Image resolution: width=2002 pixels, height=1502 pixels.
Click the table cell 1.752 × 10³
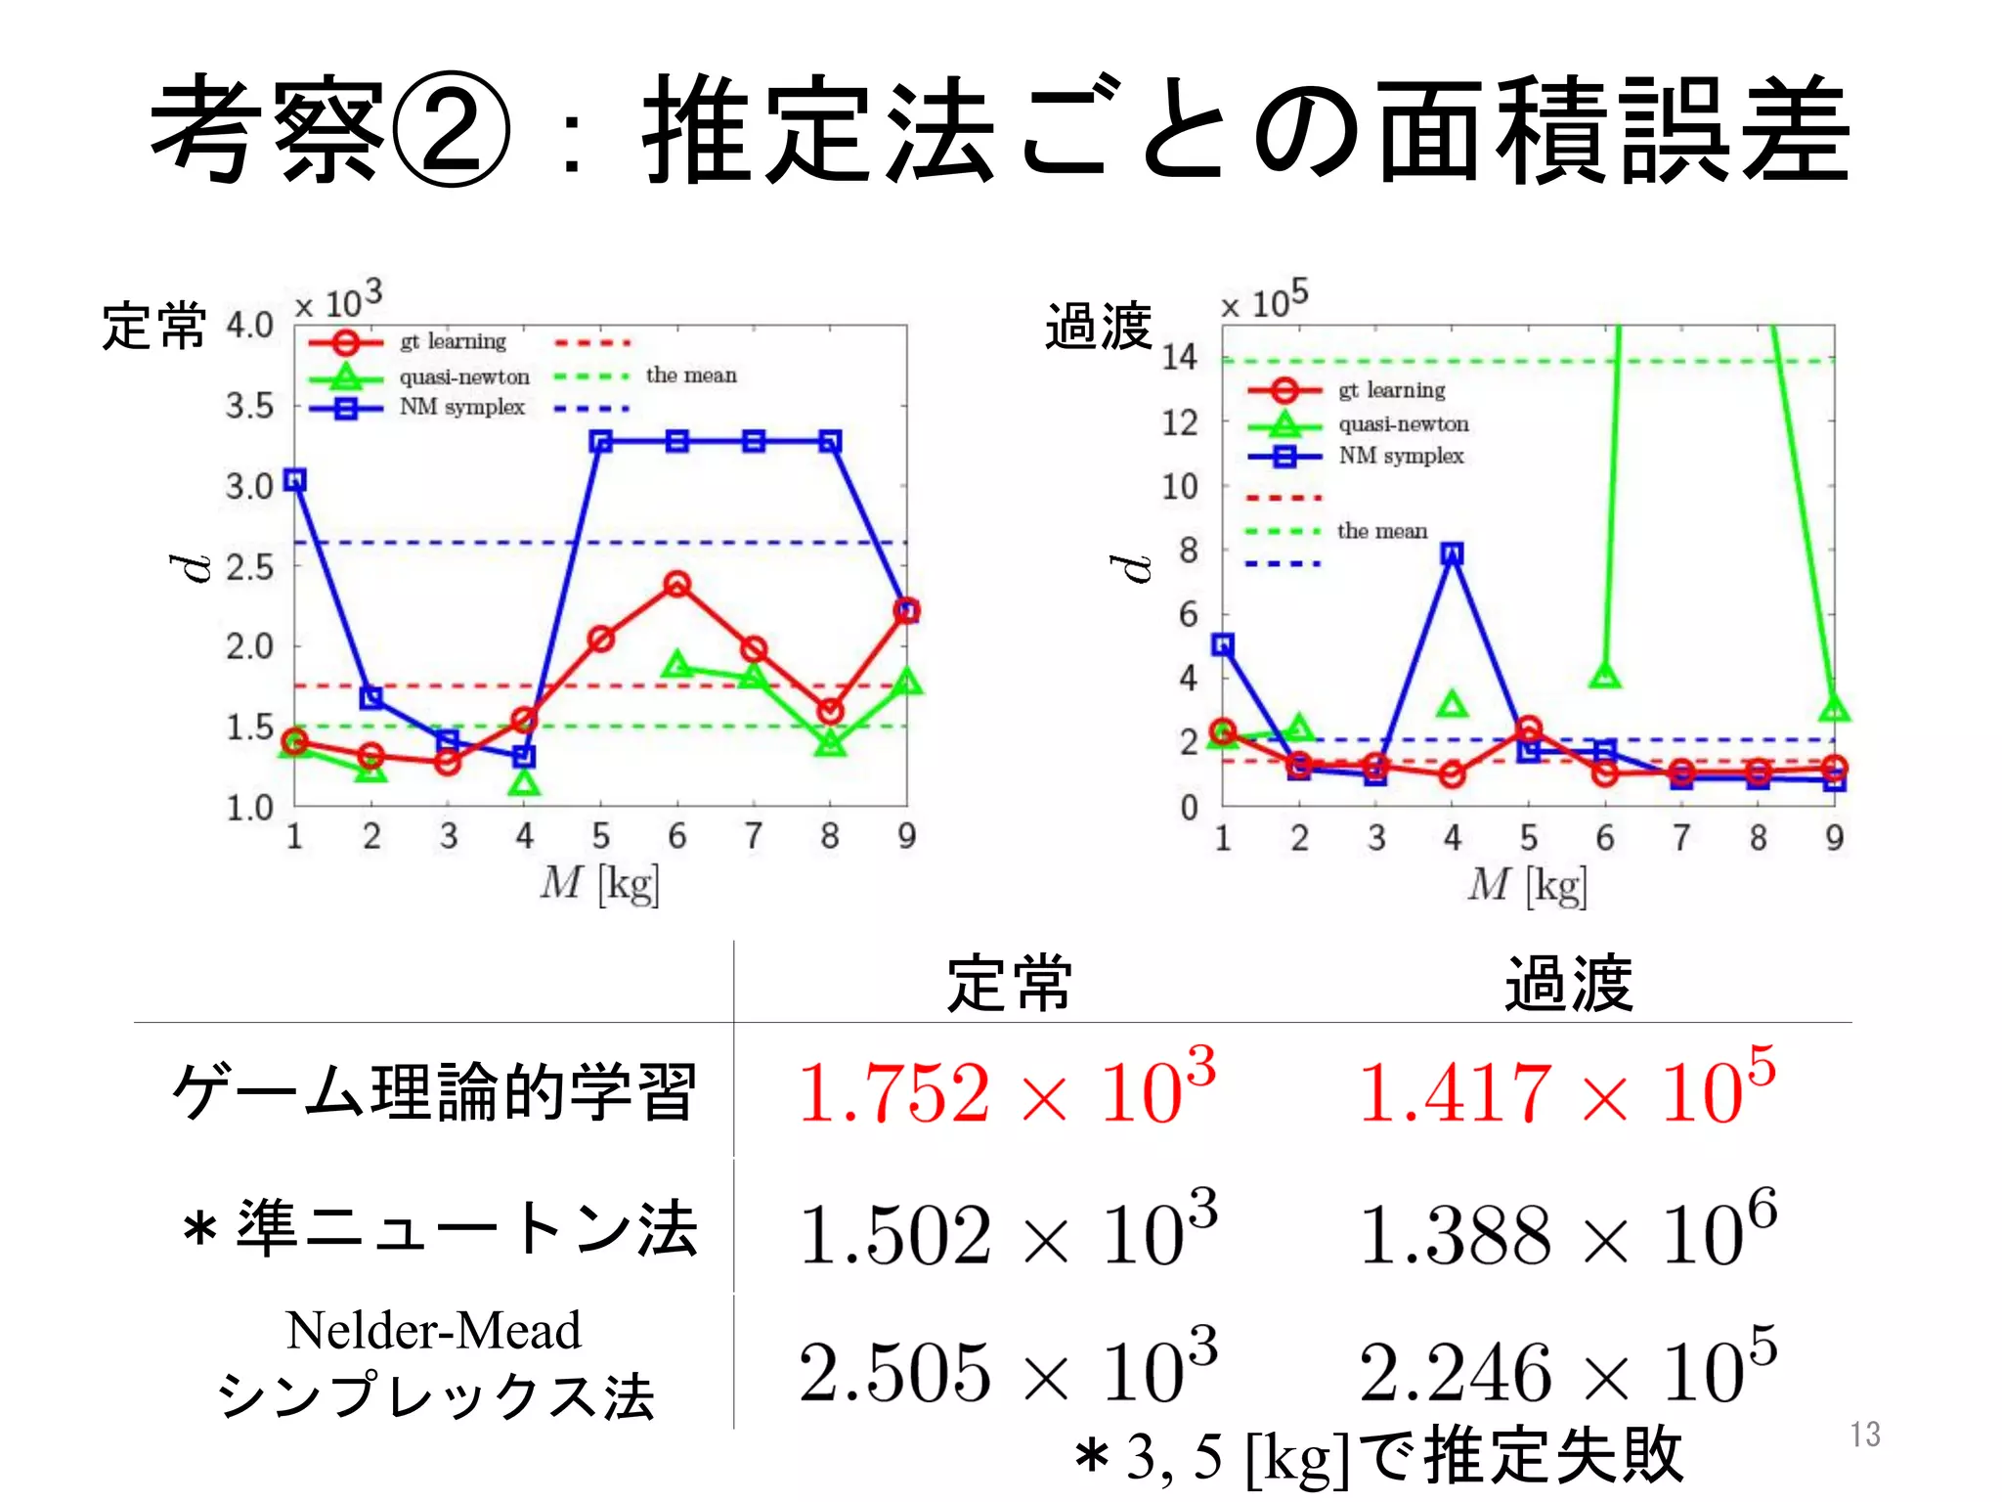click(x=1007, y=1090)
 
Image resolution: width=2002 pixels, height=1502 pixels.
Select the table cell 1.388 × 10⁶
click(x=1567, y=1232)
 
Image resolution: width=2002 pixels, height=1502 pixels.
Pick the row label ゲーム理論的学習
click(x=434, y=1091)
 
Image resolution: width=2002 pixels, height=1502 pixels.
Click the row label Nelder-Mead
click(x=434, y=1331)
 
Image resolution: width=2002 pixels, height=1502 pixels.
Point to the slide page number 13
click(x=1864, y=1435)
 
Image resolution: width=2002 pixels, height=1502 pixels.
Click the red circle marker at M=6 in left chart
click(x=676, y=585)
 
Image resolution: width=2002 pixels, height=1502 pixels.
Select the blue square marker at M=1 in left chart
click(x=295, y=480)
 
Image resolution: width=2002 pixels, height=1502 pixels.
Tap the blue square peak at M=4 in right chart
click(x=1453, y=554)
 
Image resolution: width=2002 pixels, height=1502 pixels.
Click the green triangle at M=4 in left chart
click(x=525, y=783)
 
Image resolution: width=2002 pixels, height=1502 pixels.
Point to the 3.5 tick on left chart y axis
click(x=250, y=406)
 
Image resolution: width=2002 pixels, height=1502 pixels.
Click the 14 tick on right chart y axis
click(x=1179, y=358)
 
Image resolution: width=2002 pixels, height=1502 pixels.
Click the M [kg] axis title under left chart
click(x=599, y=883)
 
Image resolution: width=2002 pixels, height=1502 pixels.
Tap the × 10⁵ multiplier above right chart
click(x=1264, y=299)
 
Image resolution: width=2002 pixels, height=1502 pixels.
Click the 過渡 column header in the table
click(x=1567, y=984)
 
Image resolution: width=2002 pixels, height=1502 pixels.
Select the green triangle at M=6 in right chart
click(x=1605, y=676)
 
